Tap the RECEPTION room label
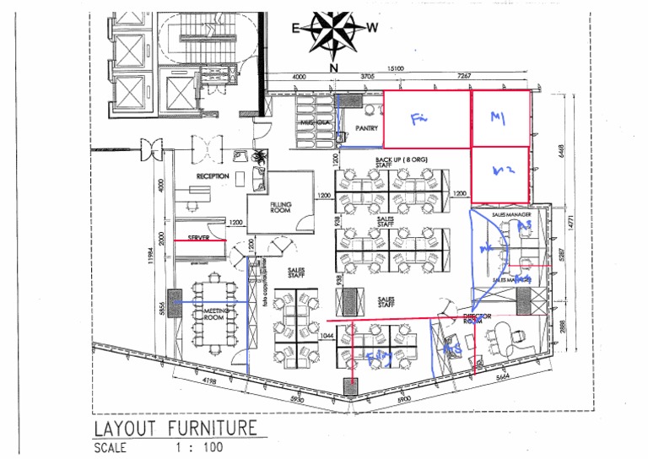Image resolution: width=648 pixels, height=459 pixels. pos(213,176)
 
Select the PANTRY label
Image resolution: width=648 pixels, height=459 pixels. pos(366,128)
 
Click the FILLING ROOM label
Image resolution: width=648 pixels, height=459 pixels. pos(281,207)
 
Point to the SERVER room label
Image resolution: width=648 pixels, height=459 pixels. pos(199,239)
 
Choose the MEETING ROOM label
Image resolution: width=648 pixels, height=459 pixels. pos(213,315)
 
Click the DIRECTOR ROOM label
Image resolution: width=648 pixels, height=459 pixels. pos(478,318)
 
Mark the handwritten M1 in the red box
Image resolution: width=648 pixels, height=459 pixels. pos(497,121)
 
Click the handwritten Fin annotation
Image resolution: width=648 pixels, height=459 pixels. pos(419,120)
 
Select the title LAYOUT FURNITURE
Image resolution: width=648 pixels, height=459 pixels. pos(175,428)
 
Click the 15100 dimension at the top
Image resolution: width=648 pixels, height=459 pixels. pos(397,69)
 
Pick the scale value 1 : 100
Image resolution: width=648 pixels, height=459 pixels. pos(198,448)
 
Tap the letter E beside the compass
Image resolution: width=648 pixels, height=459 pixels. pos(296,28)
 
